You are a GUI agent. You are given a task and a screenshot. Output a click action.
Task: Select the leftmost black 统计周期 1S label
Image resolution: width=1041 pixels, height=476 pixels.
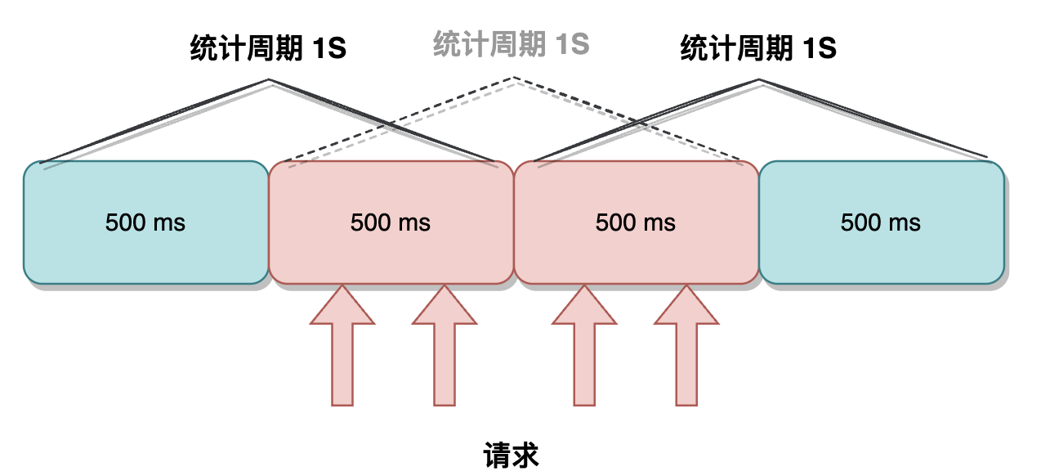[x=268, y=49]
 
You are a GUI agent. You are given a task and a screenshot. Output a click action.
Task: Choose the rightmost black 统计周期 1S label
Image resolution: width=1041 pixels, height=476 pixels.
[x=758, y=49]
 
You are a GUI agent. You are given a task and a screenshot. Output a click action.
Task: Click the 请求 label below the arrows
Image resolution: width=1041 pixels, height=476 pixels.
[x=512, y=456]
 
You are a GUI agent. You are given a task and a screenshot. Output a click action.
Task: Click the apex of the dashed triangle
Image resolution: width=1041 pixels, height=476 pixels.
[x=514, y=79]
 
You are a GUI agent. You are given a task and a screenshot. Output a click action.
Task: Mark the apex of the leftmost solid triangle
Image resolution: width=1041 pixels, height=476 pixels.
[x=270, y=80]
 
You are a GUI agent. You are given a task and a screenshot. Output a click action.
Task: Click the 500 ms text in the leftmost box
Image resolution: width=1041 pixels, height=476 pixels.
[x=145, y=222]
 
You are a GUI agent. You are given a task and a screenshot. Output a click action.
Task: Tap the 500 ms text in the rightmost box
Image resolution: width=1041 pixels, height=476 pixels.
[x=881, y=222]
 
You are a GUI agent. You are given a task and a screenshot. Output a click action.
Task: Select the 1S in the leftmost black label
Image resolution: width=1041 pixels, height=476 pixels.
[x=328, y=49]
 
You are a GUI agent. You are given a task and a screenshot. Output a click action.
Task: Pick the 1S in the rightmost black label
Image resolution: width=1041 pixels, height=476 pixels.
[x=819, y=49]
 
